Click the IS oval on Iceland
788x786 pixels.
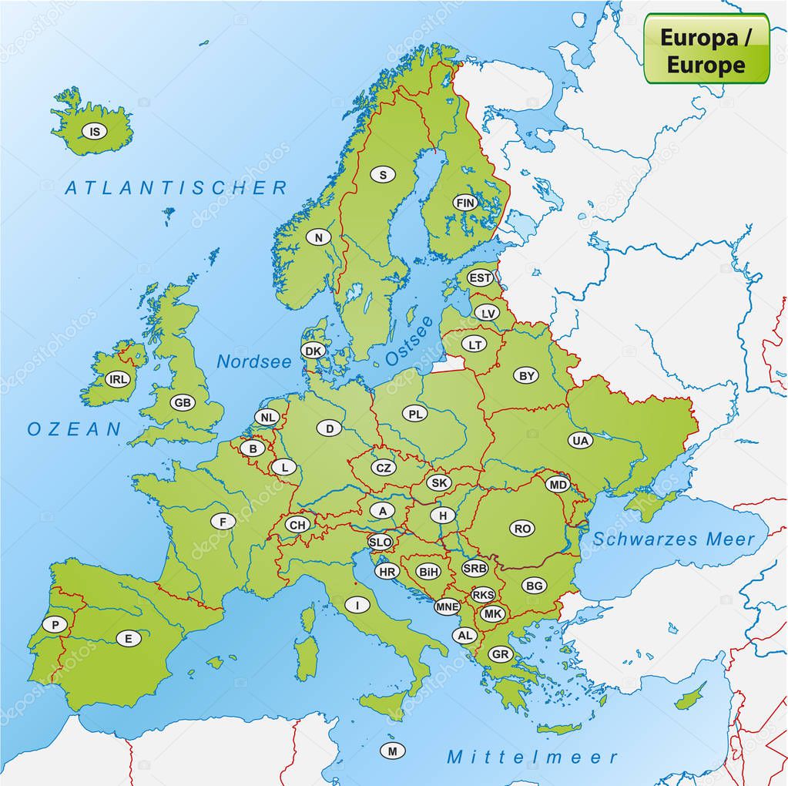click(95, 132)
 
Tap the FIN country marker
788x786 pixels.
click(465, 203)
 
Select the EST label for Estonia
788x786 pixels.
click(481, 277)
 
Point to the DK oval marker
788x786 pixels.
click(313, 351)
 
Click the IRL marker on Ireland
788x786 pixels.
click(118, 379)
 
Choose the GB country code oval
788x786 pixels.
click(183, 403)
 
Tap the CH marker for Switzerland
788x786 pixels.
click(297, 525)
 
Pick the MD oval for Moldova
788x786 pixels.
click(557, 485)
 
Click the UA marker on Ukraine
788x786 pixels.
click(581, 441)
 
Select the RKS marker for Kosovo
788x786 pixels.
click(483, 595)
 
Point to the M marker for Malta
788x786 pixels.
click(392, 751)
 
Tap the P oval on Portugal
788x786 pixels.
click(55, 625)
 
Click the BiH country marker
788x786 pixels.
click(428, 572)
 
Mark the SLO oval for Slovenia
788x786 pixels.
click(380, 542)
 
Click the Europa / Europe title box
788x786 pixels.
click(706, 48)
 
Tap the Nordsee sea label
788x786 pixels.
click(254, 361)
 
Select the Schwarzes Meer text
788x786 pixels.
click(674, 539)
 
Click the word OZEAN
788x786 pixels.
click(75, 429)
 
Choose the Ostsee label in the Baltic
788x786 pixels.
click(409, 341)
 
